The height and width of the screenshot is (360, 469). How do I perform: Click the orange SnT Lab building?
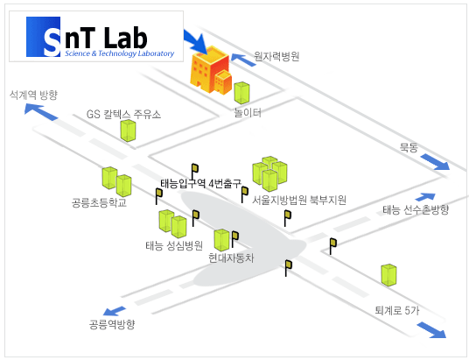coord(211,70)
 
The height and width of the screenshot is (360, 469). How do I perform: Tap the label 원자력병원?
coord(276,56)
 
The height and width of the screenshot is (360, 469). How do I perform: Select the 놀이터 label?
coord(248,113)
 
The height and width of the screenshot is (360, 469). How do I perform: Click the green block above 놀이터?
coord(241,93)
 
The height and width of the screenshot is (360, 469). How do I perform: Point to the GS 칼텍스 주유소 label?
coord(123,114)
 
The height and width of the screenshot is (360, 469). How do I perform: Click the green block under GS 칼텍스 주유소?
coord(128,131)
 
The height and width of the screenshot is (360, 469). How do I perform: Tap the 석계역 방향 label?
coord(33,95)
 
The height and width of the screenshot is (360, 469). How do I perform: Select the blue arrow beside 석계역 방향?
coord(41,112)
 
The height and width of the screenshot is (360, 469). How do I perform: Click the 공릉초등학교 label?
coord(99,202)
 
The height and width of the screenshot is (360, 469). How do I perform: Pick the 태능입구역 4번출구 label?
coord(200,183)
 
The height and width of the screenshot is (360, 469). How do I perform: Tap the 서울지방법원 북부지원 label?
coord(299,200)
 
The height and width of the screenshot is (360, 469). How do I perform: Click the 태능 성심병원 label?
coord(174,245)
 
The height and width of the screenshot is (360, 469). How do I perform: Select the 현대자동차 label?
coord(231,258)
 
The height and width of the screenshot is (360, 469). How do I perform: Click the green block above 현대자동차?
coord(221,240)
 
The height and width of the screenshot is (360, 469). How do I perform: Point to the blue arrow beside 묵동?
coord(435,162)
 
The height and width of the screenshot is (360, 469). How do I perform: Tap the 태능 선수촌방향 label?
coord(416,209)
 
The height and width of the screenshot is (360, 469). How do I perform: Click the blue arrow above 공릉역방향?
coord(115,311)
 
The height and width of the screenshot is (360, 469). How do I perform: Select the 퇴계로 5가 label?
coord(397,310)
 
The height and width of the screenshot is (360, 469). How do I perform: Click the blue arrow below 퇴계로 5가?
coord(431,330)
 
